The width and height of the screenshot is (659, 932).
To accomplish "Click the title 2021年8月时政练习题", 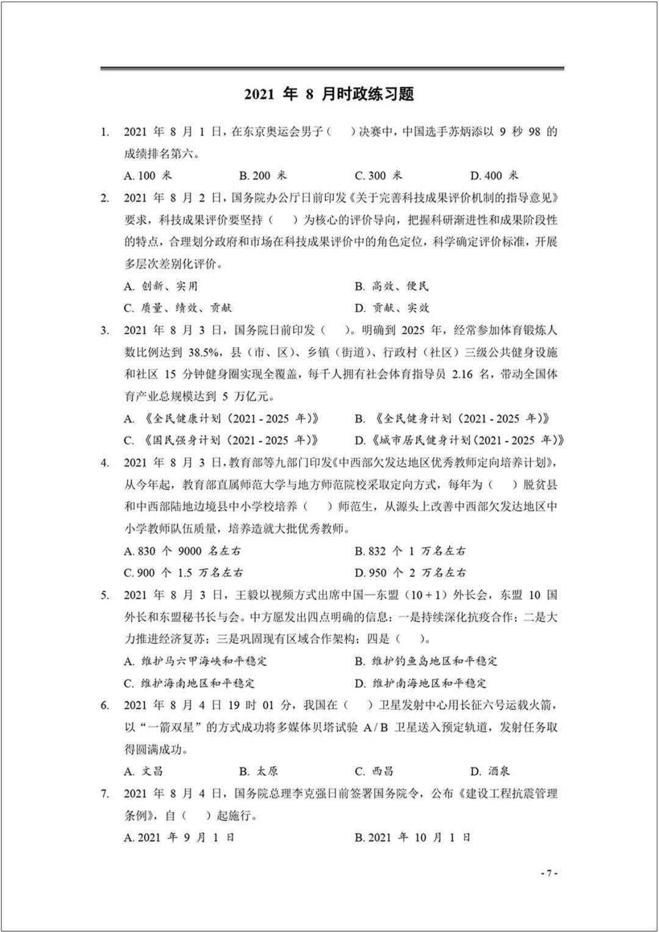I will point(329,94).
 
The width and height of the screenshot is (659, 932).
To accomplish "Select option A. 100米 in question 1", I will point(148,176).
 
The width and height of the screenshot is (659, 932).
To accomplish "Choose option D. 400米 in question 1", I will point(494,176).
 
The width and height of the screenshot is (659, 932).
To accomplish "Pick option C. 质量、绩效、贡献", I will point(178,308).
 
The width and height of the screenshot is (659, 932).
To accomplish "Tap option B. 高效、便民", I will point(392,286).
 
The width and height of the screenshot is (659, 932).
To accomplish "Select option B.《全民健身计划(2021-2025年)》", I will point(452,418).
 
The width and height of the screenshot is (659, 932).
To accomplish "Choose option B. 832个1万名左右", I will point(410,551).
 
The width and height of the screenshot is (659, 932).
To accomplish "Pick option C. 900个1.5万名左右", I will point(183,573).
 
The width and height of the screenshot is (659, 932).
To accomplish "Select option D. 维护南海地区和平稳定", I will point(421,683).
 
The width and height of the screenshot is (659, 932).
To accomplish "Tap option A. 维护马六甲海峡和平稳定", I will point(195,661).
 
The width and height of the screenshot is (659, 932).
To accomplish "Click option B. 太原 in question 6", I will point(258,772).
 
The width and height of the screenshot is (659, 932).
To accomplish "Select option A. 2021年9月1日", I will point(179,837).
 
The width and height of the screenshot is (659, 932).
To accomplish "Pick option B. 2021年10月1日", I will point(413,837).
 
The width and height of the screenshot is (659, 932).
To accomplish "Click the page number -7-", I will point(549,873).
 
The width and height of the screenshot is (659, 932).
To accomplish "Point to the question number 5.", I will point(104,595).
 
